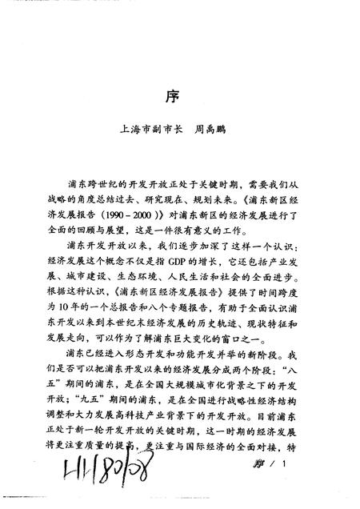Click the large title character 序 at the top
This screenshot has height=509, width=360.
pyautogui.click(x=180, y=94)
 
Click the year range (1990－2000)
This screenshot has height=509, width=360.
pyautogui.click(x=130, y=215)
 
